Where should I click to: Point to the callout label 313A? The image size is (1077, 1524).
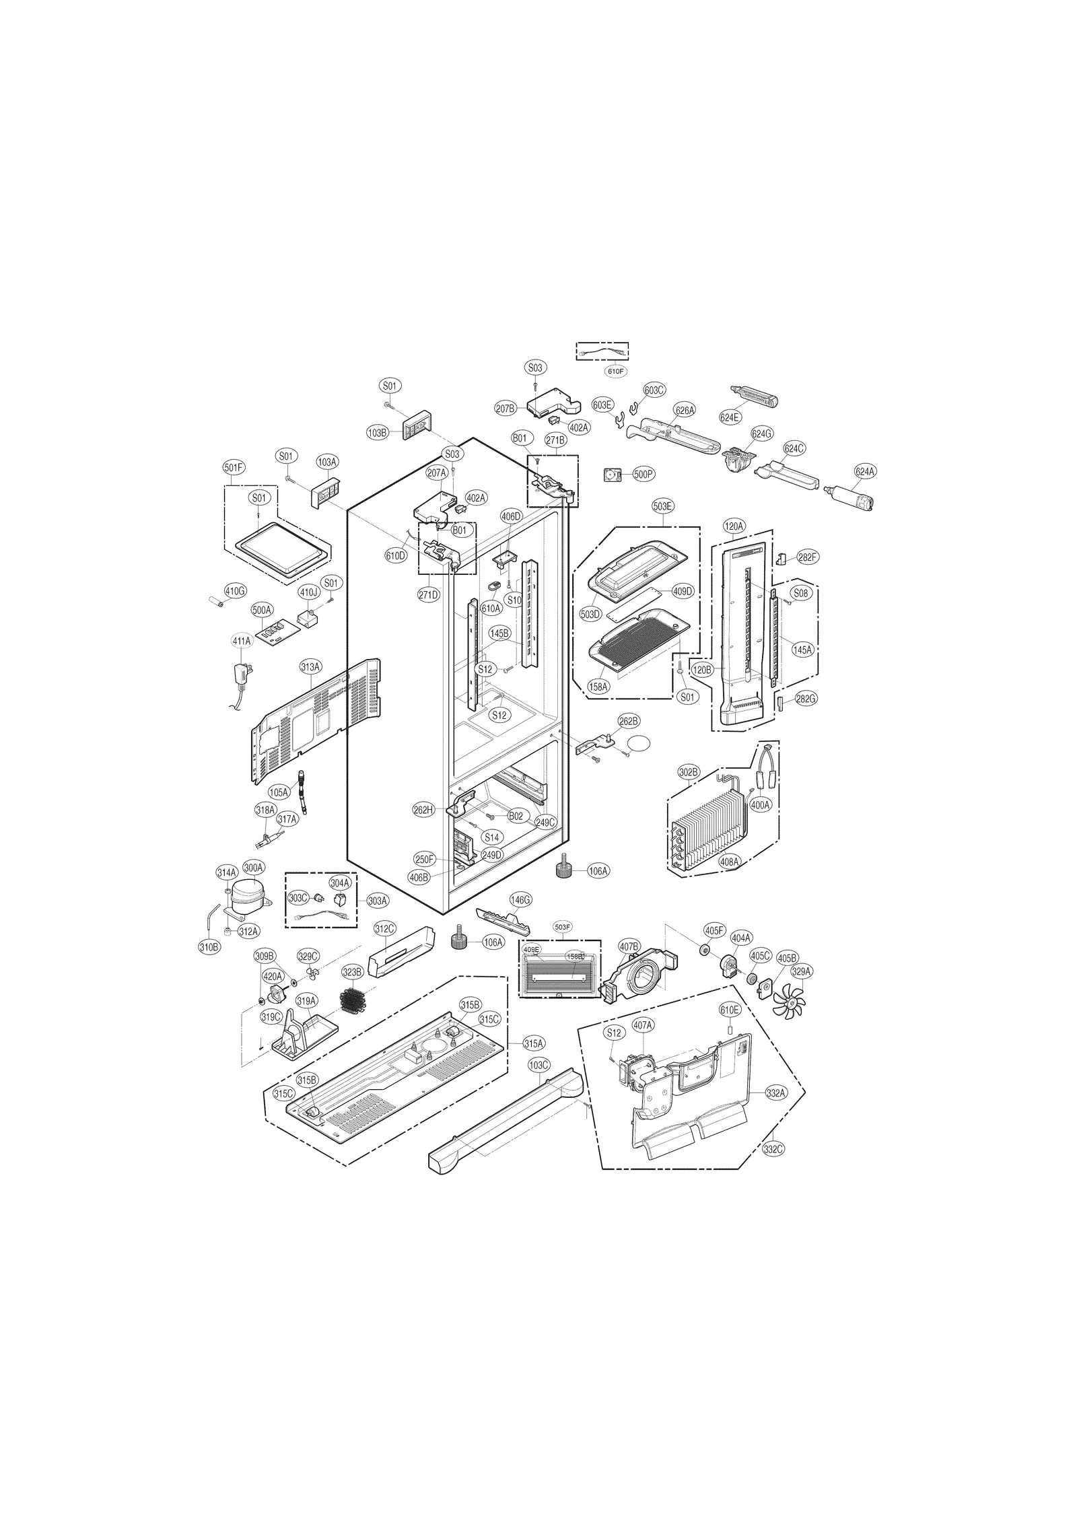(x=310, y=666)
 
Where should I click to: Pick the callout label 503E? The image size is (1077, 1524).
(x=663, y=506)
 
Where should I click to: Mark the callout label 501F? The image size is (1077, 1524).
(x=232, y=466)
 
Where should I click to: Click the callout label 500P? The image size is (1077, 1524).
(x=644, y=475)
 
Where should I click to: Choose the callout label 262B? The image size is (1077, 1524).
(x=629, y=721)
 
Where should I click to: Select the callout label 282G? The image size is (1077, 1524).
(x=805, y=699)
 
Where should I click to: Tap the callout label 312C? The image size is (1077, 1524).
(x=384, y=930)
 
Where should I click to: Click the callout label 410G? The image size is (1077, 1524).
(x=236, y=592)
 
